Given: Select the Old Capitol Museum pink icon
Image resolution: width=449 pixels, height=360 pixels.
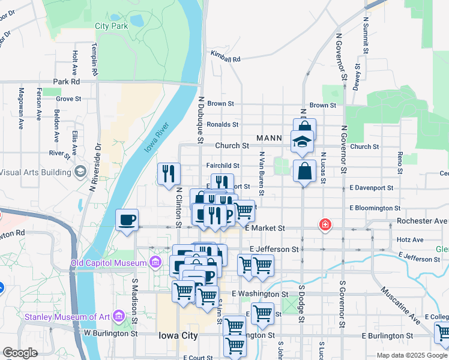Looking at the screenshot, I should coord(155,263).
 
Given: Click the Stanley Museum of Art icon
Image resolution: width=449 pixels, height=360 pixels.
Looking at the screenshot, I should coord(118,316).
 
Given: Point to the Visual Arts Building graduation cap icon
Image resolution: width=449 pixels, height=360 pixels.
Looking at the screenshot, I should coord(79,172).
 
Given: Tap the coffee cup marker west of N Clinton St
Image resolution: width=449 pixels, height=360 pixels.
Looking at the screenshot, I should coord(127,220).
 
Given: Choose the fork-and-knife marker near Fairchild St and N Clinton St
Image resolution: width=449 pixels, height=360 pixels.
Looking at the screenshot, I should coord(169,174).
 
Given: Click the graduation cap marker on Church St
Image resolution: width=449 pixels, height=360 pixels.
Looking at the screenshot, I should coord(302,142).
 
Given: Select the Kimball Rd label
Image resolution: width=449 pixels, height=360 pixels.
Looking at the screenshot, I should coord(225,58).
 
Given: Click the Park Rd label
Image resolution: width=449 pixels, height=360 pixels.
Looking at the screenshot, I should coord(66,81).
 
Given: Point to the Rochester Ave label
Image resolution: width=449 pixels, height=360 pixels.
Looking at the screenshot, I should coord(423,220).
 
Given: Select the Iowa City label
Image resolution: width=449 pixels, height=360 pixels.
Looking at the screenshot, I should coord(177,336).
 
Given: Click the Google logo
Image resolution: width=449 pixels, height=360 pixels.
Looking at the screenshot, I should coord(20,352).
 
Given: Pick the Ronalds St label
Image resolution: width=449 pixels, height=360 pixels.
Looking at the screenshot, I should coord(223,125).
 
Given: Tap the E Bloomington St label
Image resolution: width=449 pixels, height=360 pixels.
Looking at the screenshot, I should coord(375,208).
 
